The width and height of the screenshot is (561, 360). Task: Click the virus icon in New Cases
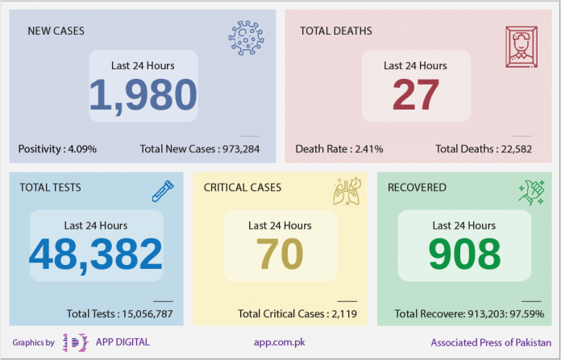click(247, 38)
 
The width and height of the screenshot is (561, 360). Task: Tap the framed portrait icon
click(522, 47)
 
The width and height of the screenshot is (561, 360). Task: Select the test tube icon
click(163, 191)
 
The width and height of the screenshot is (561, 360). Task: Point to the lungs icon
click(347, 191)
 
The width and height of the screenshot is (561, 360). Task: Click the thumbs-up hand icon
click(532, 192)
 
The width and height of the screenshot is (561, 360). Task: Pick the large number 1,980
click(143, 95)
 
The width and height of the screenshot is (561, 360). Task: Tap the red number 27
click(416, 95)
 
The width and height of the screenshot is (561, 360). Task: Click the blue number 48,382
click(96, 254)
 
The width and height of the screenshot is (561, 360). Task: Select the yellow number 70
click(280, 254)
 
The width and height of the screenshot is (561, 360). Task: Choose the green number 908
click(464, 254)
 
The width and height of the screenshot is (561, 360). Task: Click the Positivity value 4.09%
click(82, 149)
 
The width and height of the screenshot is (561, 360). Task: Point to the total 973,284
click(241, 149)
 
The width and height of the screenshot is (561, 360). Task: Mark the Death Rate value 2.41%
click(369, 149)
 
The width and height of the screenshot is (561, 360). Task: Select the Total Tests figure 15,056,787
click(148, 314)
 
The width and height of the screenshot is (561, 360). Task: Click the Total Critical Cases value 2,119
click(344, 314)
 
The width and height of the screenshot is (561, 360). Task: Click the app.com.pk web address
click(280, 342)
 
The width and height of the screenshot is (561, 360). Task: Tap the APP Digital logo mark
click(75, 342)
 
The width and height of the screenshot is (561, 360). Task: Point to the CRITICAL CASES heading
click(243, 188)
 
